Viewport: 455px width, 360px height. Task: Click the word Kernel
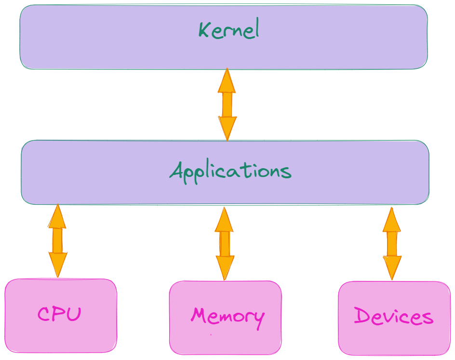(x=229, y=28)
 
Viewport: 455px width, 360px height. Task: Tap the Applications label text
(x=230, y=172)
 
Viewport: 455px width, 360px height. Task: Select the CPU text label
(x=59, y=314)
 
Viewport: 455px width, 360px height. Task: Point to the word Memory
(x=227, y=317)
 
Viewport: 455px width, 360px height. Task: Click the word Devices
(x=393, y=316)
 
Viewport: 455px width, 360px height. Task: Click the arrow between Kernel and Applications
(x=227, y=105)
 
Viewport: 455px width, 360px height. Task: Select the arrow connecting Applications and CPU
(x=57, y=240)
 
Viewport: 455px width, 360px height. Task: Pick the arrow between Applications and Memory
(x=224, y=244)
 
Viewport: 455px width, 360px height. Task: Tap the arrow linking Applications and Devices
(x=392, y=244)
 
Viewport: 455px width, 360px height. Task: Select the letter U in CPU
(x=74, y=314)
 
